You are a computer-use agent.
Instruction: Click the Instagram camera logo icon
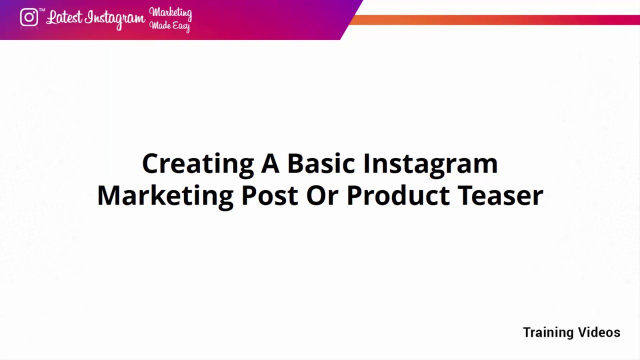tap(29, 17)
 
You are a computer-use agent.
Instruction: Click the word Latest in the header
tap(63, 17)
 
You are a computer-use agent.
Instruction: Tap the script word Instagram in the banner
tap(115, 19)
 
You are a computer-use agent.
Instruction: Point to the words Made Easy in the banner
tap(170, 25)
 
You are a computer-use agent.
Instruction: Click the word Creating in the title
tap(197, 164)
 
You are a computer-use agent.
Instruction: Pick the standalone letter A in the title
tap(270, 164)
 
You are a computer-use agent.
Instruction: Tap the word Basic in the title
tap(321, 164)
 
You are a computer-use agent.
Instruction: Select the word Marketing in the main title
tap(165, 195)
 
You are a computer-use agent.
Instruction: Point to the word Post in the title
tap(269, 195)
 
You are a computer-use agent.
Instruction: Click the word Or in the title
tap(322, 195)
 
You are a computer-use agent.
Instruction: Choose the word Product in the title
tap(398, 195)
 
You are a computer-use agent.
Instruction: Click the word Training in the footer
tap(548, 333)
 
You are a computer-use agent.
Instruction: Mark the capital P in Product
tap(354, 195)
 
